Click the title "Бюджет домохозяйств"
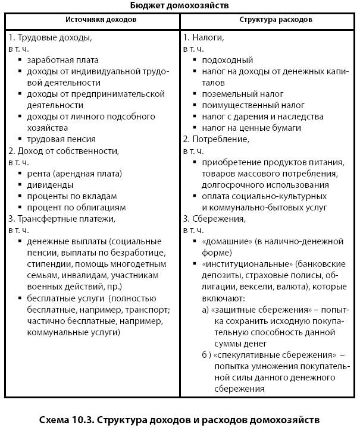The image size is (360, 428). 179,5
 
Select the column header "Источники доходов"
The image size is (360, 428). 93,20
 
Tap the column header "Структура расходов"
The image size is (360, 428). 268,20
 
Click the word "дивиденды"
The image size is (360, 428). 50,184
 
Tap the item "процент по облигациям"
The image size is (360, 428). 72,207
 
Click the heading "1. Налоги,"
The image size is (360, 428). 204,37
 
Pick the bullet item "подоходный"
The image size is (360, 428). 227,60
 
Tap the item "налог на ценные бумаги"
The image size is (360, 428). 251,128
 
